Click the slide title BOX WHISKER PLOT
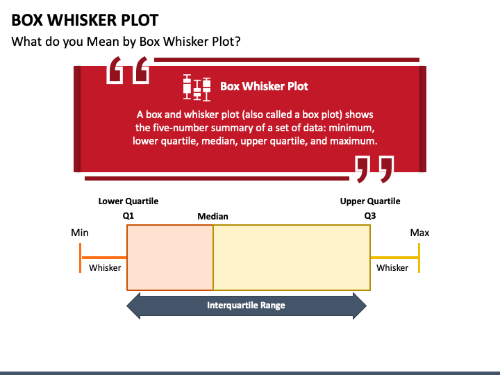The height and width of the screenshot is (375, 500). pyautogui.click(x=85, y=19)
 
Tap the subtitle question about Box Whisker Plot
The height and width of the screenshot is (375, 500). pyautogui.click(x=126, y=41)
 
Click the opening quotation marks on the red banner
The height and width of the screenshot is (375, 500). pyautogui.click(x=128, y=71)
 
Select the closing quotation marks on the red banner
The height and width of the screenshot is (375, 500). pyautogui.click(x=374, y=169)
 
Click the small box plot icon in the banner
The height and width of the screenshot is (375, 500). pyautogui.click(x=197, y=86)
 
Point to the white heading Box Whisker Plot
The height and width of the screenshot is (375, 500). pyautogui.click(x=264, y=86)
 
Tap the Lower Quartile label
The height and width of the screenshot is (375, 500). pyautogui.click(x=128, y=201)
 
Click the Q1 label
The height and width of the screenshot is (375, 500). pyautogui.click(x=128, y=215)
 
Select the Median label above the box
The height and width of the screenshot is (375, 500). pyautogui.click(x=212, y=216)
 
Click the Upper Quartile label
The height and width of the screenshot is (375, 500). pyautogui.click(x=370, y=201)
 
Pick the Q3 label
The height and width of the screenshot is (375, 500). pyautogui.click(x=370, y=215)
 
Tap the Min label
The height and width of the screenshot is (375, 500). pyautogui.click(x=80, y=233)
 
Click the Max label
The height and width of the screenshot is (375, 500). pyautogui.click(x=419, y=233)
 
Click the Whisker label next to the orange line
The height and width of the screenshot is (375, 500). pyautogui.click(x=105, y=267)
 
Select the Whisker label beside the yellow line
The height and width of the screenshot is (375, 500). pyautogui.click(x=392, y=267)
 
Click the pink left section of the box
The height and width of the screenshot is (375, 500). pyautogui.click(x=170, y=257)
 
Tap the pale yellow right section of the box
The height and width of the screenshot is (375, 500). pyautogui.click(x=292, y=257)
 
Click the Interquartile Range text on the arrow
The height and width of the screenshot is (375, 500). pyautogui.click(x=246, y=306)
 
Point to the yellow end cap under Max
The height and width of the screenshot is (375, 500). pyautogui.click(x=419, y=257)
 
